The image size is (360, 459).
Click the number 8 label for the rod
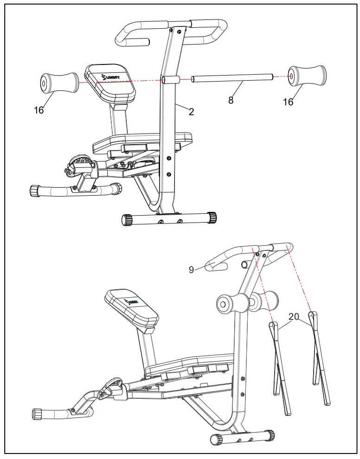click(x=231, y=100)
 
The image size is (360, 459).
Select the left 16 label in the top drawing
click(x=39, y=110)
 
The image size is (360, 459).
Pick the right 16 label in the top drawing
click(x=288, y=102)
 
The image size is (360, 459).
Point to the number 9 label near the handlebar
click(x=192, y=270)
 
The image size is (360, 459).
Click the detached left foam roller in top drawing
click(x=58, y=83)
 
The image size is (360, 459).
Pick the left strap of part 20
click(x=280, y=366)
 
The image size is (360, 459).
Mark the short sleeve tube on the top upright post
click(x=170, y=80)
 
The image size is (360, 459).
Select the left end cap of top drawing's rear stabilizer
click(x=127, y=219)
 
